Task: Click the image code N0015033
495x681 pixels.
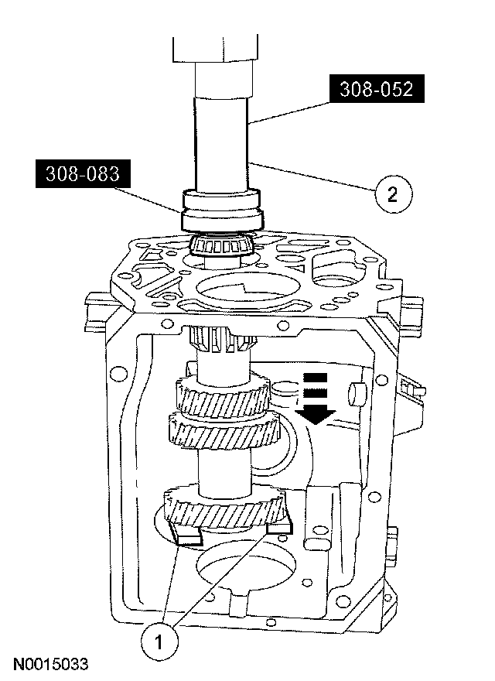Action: [49, 665]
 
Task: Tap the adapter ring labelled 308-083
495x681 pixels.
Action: [223, 211]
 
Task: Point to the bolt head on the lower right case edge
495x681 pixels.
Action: [394, 537]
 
